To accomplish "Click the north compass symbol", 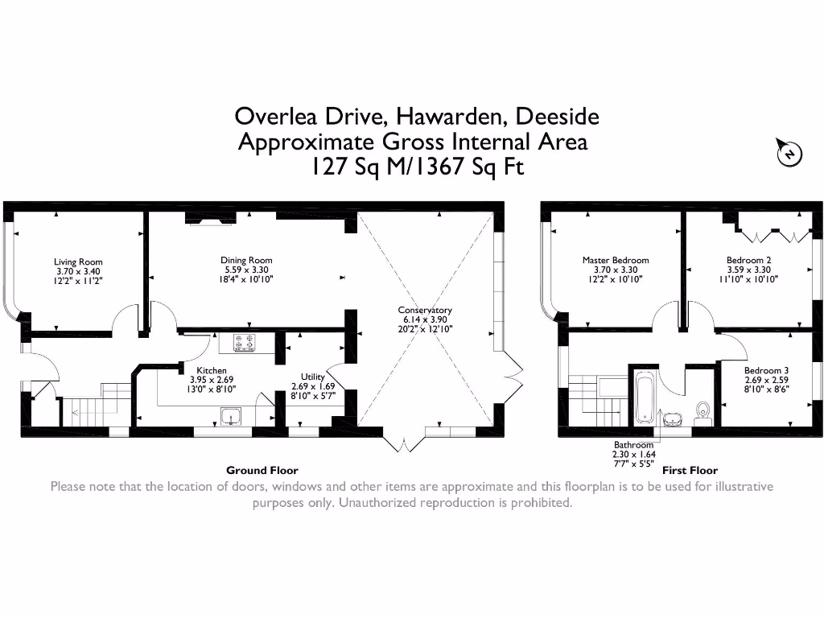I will coord(790,153).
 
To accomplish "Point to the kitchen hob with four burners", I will coord(245,343).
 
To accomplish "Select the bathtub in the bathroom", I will coord(644,398).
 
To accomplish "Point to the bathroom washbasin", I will coord(671,418).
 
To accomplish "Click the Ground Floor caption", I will coord(262,471).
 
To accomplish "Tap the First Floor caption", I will coord(690,471).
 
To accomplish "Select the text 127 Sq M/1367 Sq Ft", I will coord(417,167).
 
